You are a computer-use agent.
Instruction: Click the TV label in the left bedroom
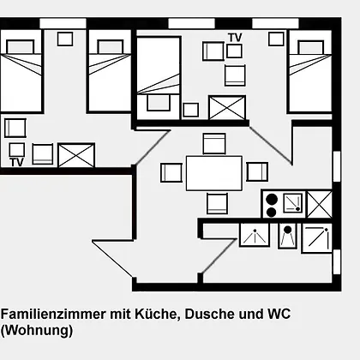pos(16,162)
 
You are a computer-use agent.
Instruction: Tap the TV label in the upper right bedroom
pos(235,38)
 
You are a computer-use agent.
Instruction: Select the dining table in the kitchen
pos(214,173)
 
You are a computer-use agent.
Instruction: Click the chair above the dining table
pos(214,143)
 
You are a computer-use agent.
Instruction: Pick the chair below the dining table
pos(217,203)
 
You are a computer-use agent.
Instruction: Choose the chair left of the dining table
pos(171,172)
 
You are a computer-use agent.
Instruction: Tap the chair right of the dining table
pos(257,171)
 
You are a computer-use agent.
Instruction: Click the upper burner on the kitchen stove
pos(272,200)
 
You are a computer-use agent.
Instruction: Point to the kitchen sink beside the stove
pos(292,203)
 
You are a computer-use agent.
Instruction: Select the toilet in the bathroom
pos(287,236)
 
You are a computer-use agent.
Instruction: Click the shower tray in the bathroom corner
pos(317,238)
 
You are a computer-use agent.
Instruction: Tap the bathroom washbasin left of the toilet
pos(255,235)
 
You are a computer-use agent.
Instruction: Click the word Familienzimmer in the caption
pos(53,314)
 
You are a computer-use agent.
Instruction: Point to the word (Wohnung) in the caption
pos(37,331)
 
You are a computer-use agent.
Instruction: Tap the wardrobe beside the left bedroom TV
pos(76,155)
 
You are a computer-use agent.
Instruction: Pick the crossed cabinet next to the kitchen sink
pos(320,205)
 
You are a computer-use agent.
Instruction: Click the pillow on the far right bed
pos(310,47)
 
